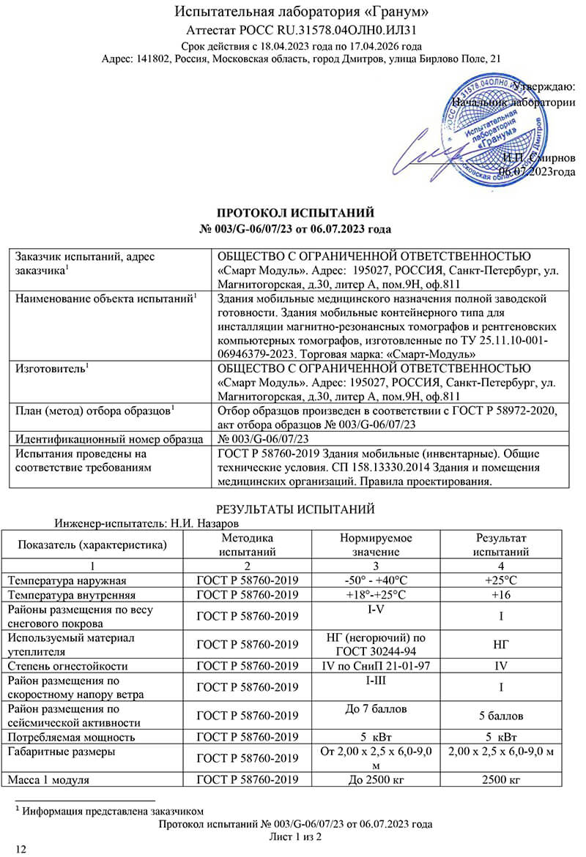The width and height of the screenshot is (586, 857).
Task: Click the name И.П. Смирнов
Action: coord(538,158)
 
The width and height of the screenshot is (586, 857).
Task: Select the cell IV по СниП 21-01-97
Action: coord(376,666)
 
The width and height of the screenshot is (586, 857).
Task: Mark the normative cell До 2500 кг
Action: coord(376,781)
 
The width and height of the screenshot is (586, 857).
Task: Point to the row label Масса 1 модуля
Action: coord(48,781)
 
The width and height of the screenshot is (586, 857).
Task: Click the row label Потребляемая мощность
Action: coord(73,736)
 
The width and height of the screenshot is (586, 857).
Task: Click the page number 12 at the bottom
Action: coord(21,849)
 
